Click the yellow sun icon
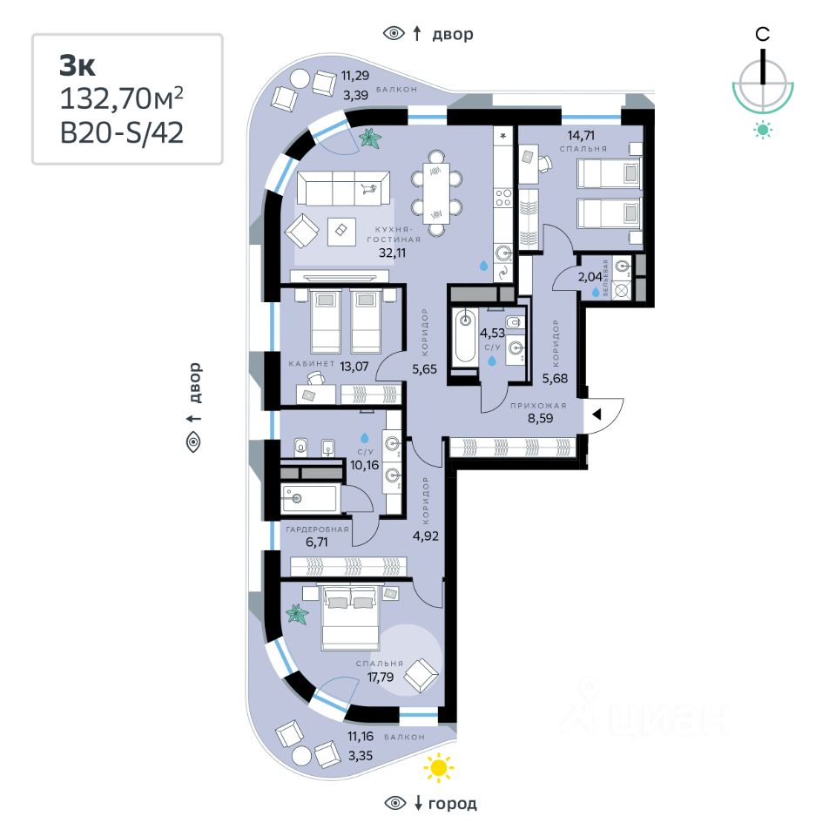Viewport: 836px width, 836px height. (x=439, y=767)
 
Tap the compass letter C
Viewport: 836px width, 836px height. (x=762, y=35)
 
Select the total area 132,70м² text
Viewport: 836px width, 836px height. (x=121, y=99)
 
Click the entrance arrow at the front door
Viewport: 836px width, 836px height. (x=597, y=415)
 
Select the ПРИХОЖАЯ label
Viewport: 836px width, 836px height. (x=539, y=406)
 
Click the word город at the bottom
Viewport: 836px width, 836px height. (x=454, y=803)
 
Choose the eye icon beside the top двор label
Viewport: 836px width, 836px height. (x=394, y=34)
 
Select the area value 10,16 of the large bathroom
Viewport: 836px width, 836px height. (x=364, y=465)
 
